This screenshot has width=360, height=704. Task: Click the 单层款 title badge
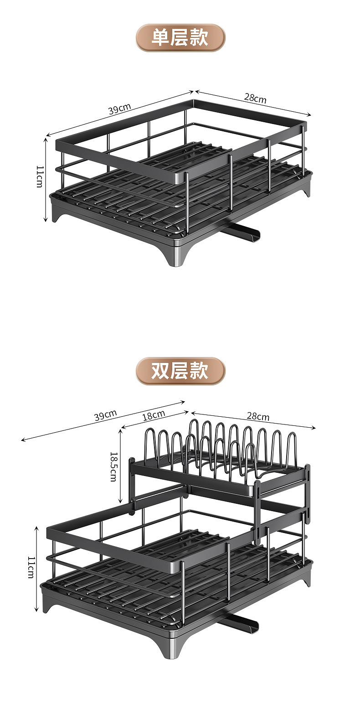[180, 38]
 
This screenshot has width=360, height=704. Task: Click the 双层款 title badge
[180, 371]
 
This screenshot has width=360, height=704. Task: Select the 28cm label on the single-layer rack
[255, 98]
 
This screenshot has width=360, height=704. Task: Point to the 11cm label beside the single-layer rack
[39, 176]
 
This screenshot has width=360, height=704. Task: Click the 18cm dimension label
[154, 415]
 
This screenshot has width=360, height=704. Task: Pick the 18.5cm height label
[113, 466]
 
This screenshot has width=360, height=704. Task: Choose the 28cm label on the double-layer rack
[258, 416]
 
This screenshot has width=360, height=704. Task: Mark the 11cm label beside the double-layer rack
[30, 567]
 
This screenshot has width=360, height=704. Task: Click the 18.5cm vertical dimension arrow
[120, 465]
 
